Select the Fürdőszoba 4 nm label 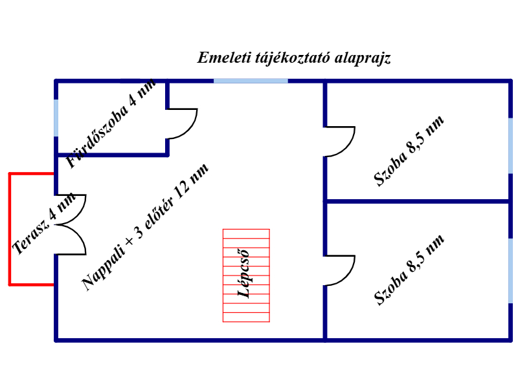(111, 124)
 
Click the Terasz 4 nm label (43, 223)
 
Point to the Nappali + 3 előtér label (144, 228)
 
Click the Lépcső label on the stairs (244, 274)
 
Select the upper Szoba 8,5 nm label (409, 151)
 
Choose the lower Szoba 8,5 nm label (409, 270)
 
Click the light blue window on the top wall (251, 81)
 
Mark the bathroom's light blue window (56, 118)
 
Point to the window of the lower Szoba (510, 270)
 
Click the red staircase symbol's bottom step (246, 317)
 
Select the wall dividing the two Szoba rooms (418, 201)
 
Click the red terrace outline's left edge (10, 229)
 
